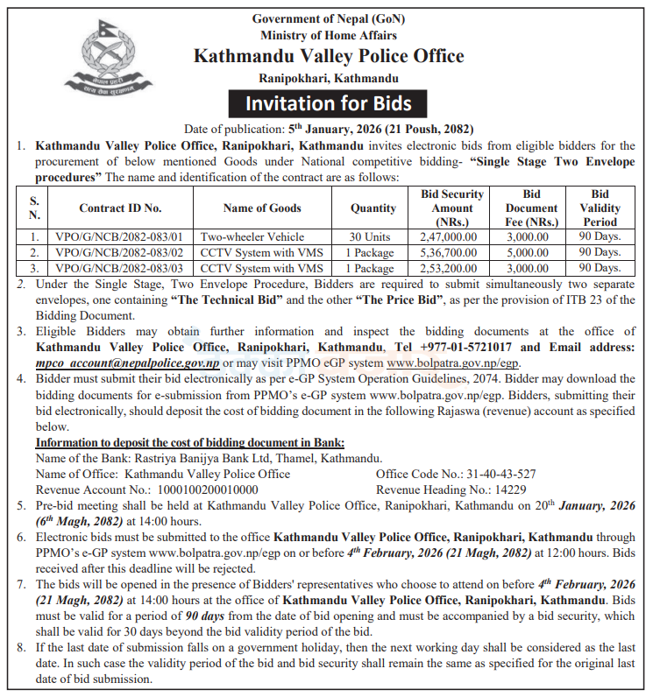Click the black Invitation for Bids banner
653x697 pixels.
[x=328, y=103]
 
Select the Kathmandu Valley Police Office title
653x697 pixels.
[x=328, y=57]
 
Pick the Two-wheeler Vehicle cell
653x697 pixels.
[x=252, y=236]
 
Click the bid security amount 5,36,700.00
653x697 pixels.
[x=449, y=252]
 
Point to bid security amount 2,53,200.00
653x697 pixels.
[x=449, y=268]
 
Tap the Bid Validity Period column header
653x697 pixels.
[x=600, y=208]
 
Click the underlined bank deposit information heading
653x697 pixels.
[x=190, y=442]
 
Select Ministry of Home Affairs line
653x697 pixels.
[x=328, y=35]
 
